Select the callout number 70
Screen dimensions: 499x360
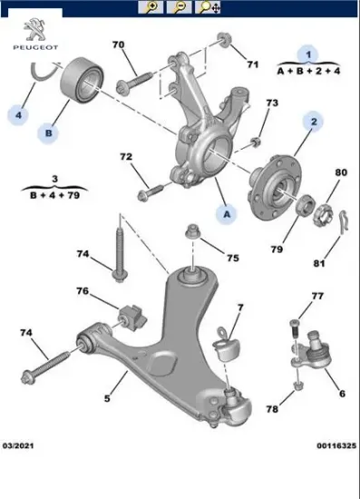click(119, 45)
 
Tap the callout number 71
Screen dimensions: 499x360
click(253, 64)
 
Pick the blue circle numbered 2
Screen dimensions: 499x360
click(311, 122)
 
